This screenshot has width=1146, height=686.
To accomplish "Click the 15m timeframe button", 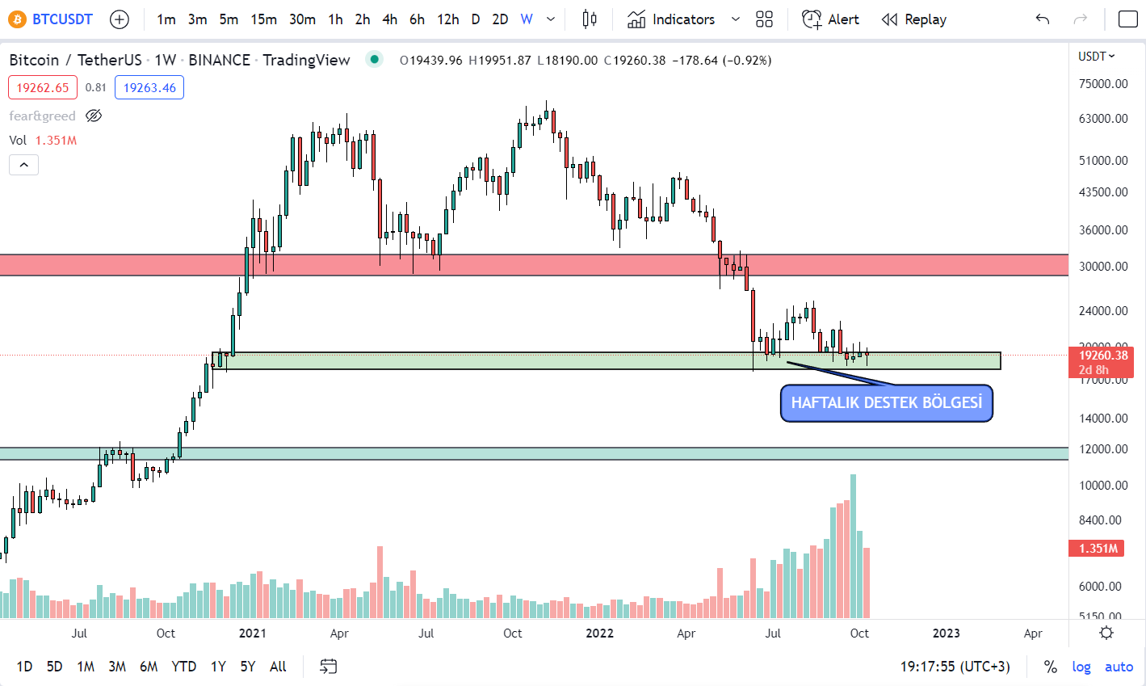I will (263, 19).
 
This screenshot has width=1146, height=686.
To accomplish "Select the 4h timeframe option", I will (389, 19).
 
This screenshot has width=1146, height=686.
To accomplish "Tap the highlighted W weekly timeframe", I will (527, 19).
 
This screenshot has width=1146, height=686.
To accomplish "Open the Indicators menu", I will (671, 19).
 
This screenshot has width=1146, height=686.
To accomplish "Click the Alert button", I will (830, 19).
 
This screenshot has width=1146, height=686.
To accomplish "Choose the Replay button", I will (913, 19).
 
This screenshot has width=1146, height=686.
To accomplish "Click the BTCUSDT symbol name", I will (62, 19).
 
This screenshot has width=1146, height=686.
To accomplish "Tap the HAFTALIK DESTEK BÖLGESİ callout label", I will (886, 403).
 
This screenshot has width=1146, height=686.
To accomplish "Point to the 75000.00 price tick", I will (1103, 84).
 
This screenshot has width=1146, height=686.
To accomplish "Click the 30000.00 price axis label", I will (1103, 267).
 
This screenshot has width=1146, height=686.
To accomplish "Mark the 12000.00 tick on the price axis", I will (1103, 449).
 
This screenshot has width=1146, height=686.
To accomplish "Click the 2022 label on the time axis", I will (599, 633).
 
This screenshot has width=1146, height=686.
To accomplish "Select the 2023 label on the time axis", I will (947, 633).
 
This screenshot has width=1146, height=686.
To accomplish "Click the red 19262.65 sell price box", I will (43, 88).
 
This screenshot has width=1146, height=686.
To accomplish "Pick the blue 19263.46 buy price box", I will (149, 88).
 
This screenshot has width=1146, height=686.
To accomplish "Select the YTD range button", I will (183, 667).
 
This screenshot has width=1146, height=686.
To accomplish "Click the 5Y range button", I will (247, 667).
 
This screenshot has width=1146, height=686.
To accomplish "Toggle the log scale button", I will (1081, 667).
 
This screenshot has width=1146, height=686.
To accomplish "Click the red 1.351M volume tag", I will (1098, 549).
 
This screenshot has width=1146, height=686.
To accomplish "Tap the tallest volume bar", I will (853, 546).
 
